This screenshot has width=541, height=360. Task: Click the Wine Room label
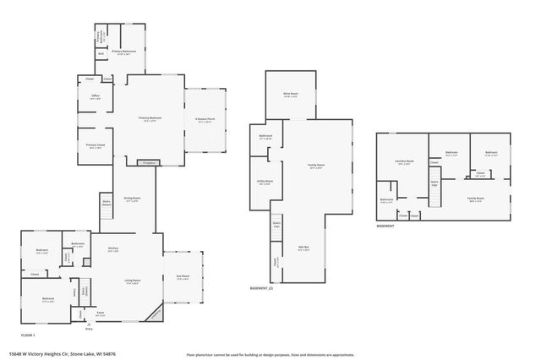[x=289, y=95]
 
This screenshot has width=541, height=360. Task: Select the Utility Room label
[x=264, y=182]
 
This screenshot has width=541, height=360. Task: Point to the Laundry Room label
[x=404, y=161]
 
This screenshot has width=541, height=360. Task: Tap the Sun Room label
[x=183, y=277]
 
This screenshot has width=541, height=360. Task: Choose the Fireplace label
[x=149, y=162]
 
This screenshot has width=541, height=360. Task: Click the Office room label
[x=96, y=97]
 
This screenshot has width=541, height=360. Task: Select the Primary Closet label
[x=95, y=145]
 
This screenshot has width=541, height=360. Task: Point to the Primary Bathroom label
[x=124, y=52]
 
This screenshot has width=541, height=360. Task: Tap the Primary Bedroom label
[x=150, y=119]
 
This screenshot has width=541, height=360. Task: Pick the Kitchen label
[x=113, y=248]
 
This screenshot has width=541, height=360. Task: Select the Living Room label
[x=132, y=282]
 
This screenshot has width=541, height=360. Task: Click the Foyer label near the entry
[x=99, y=313]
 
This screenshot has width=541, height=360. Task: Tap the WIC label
[x=101, y=54]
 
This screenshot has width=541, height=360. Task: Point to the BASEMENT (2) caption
[x=261, y=287]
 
